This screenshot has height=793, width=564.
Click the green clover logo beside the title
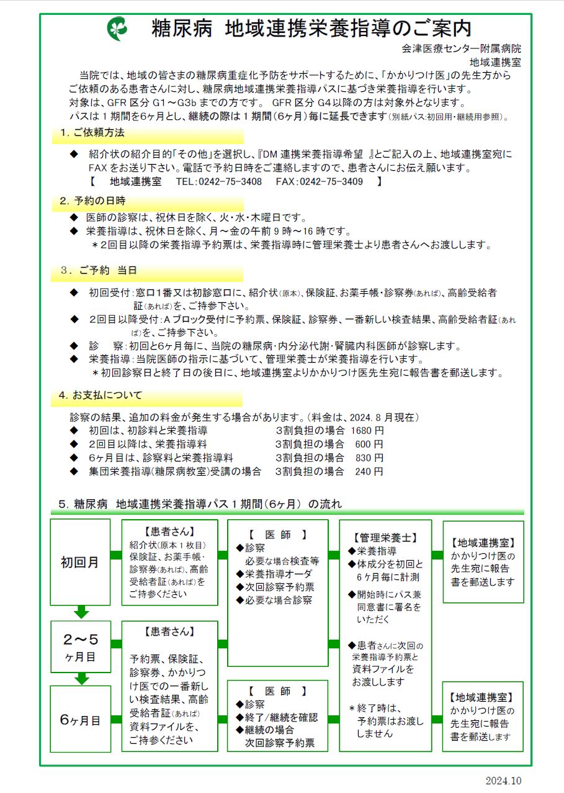pos(117,29)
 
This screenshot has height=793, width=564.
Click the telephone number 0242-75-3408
pos(228,182)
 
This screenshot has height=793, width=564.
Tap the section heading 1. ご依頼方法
pos(92,133)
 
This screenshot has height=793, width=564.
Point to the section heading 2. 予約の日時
pos(92,201)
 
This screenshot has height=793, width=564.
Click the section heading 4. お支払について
pos(101,396)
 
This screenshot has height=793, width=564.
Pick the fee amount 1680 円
pos(367,430)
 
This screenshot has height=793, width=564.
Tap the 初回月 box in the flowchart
pos(80,563)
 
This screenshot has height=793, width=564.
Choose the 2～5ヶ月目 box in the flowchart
pos(81,646)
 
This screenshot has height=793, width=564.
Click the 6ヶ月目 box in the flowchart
pos(81,720)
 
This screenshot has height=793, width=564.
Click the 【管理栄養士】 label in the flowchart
pos(385,538)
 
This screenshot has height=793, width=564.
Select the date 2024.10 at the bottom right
pos(504,780)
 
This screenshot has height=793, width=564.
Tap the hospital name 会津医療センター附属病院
pos(461,48)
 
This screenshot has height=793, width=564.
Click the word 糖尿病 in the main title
pos(179,29)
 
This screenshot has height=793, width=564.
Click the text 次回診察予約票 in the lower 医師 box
pos(280,743)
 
